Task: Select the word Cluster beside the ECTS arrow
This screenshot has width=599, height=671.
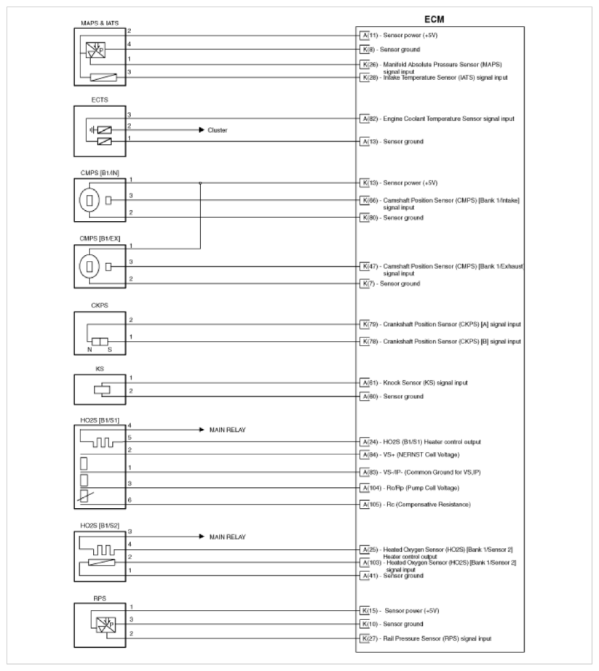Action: click(x=218, y=130)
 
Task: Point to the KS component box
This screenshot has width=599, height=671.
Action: click(x=103, y=390)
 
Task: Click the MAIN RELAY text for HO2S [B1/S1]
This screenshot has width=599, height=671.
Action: click(x=229, y=430)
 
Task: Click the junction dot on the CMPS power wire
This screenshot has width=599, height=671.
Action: click(x=200, y=184)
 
